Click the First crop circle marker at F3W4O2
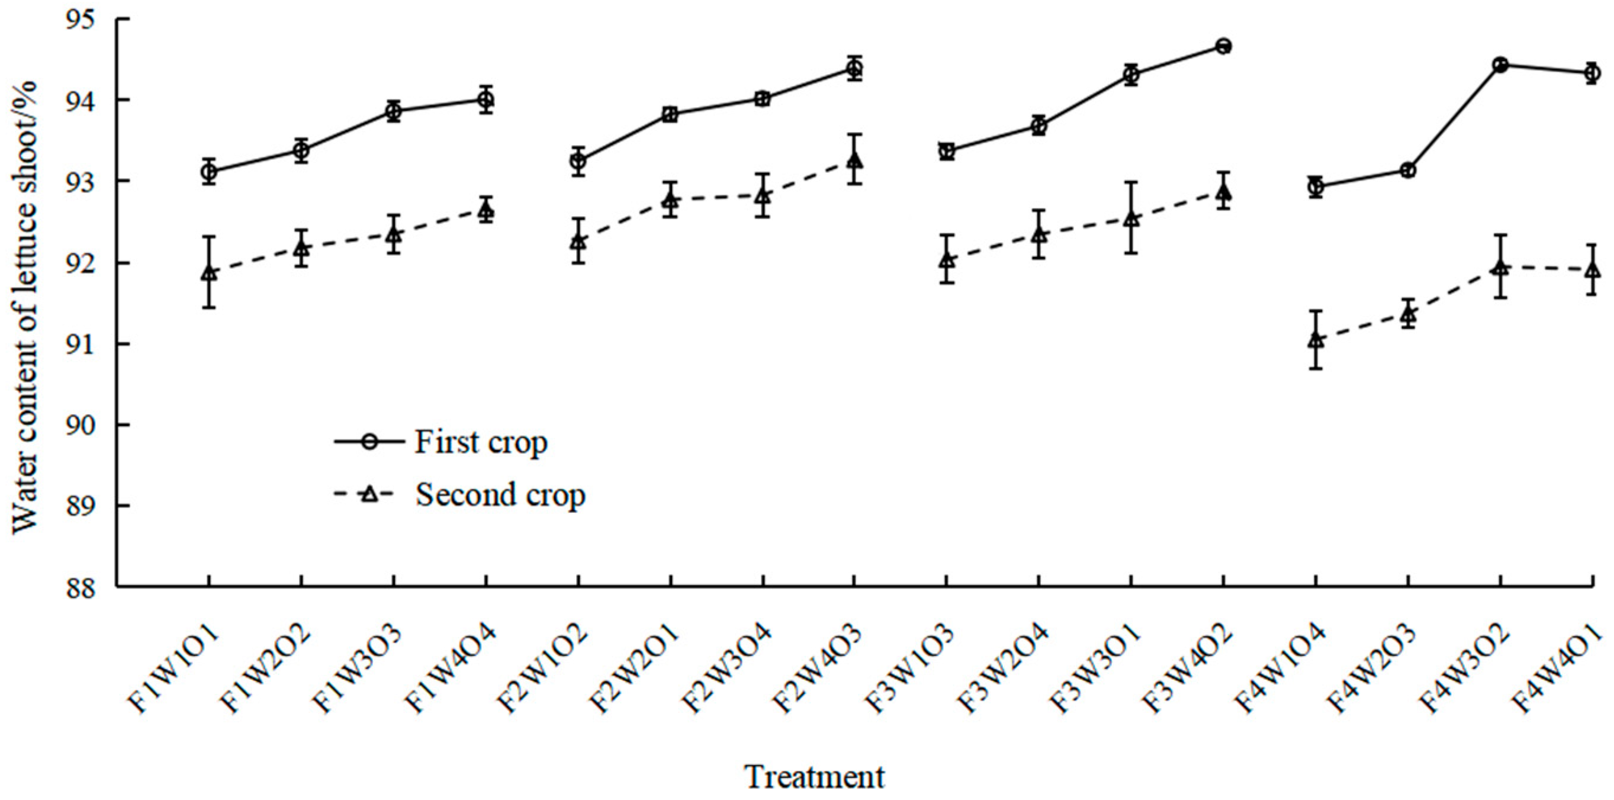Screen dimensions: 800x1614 click(x=1223, y=46)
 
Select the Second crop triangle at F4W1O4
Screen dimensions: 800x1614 click(x=1316, y=340)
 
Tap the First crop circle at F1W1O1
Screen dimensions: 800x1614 click(x=208, y=171)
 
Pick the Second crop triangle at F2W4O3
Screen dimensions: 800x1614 click(x=854, y=160)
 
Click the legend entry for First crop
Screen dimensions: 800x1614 click(x=480, y=442)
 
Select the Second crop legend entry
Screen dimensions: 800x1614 click(x=499, y=494)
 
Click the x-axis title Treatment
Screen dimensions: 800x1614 click(x=815, y=777)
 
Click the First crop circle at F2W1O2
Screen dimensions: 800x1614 click(x=578, y=161)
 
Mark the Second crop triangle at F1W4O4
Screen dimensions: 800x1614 click(x=486, y=211)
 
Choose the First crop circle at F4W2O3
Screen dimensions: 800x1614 click(x=1408, y=171)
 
